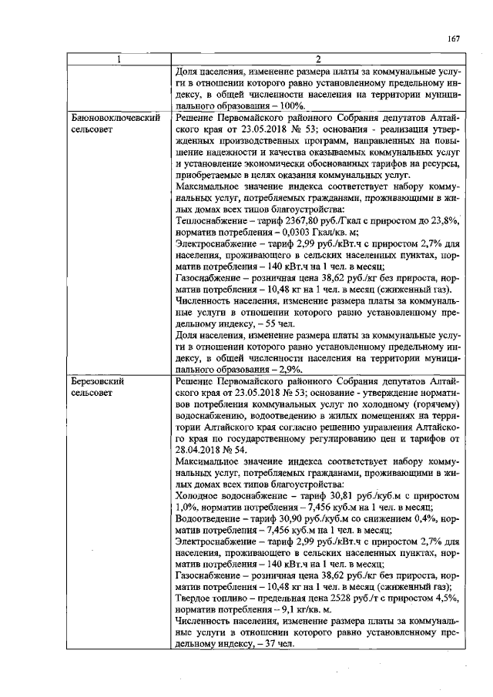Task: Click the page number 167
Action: tap(453, 40)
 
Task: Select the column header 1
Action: tap(119, 60)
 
